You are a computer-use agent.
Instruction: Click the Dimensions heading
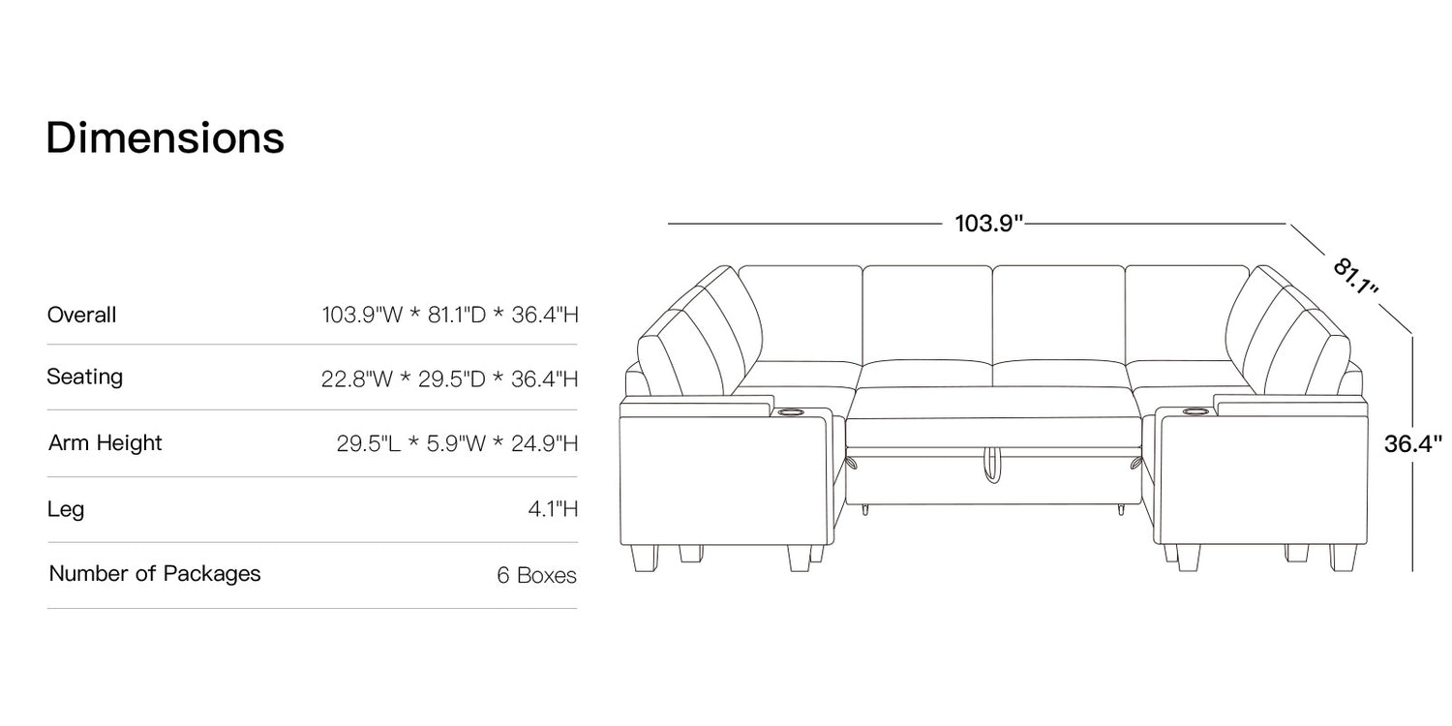coord(166,138)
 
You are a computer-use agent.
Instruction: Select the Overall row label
coord(81,315)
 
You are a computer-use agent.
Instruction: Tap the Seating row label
coord(85,377)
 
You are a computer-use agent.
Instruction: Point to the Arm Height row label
coord(105,443)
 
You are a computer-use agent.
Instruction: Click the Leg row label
coord(66,509)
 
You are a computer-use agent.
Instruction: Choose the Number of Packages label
coord(154,574)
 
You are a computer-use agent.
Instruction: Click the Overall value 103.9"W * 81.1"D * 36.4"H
coord(450,315)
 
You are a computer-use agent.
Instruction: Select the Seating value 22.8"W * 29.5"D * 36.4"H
coord(449,378)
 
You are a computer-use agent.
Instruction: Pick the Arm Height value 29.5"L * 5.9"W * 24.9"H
coord(457,443)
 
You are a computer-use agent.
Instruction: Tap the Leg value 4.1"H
coord(553,509)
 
